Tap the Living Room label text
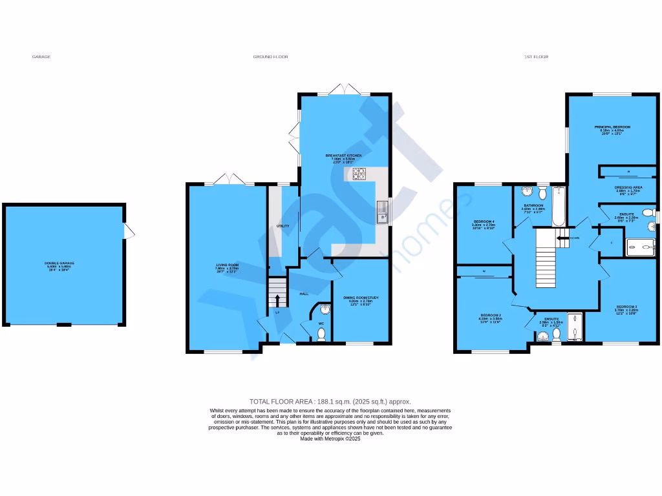click(228, 265)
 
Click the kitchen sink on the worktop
click(382, 211)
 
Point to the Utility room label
click(283, 226)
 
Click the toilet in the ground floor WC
click(321, 334)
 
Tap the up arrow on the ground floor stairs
click(278, 299)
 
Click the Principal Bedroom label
click(612, 128)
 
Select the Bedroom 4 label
click(484, 222)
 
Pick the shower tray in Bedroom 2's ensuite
click(575, 326)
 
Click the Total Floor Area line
click(330, 402)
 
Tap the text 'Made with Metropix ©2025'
click(330, 439)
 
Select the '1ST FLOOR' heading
click(536, 57)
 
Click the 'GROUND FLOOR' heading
click(271, 57)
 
